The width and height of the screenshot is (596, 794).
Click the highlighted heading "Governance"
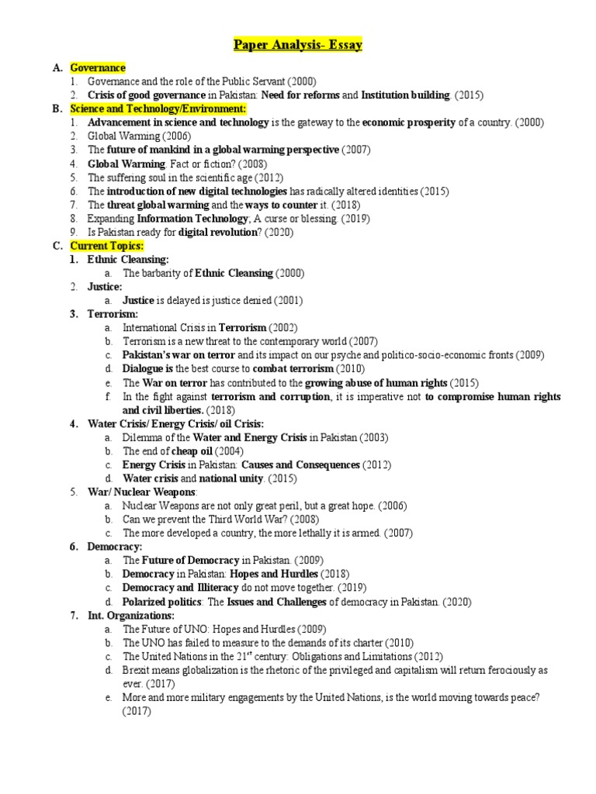[x=97, y=68]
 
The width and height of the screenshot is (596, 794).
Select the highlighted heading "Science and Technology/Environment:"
[x=158, y=109]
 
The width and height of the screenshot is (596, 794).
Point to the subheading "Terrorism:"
[x=113, y=314]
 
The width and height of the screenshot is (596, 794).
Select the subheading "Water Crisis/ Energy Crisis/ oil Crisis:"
[x=175, y=423]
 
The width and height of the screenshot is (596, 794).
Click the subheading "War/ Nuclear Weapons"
[x=142, y=492]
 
